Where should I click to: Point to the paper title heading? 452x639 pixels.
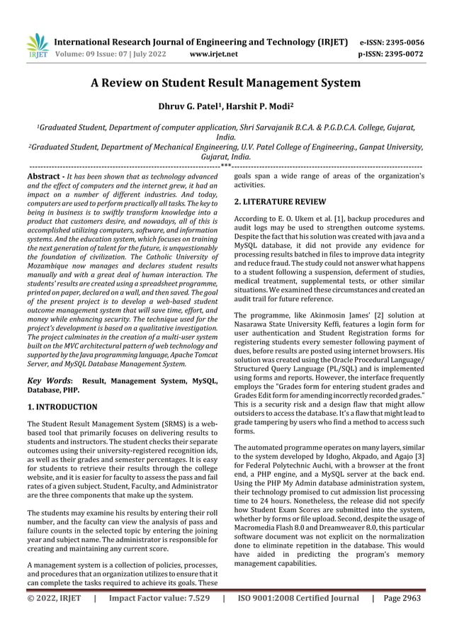[226, 83]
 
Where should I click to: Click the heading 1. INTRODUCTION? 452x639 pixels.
[62, 407]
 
